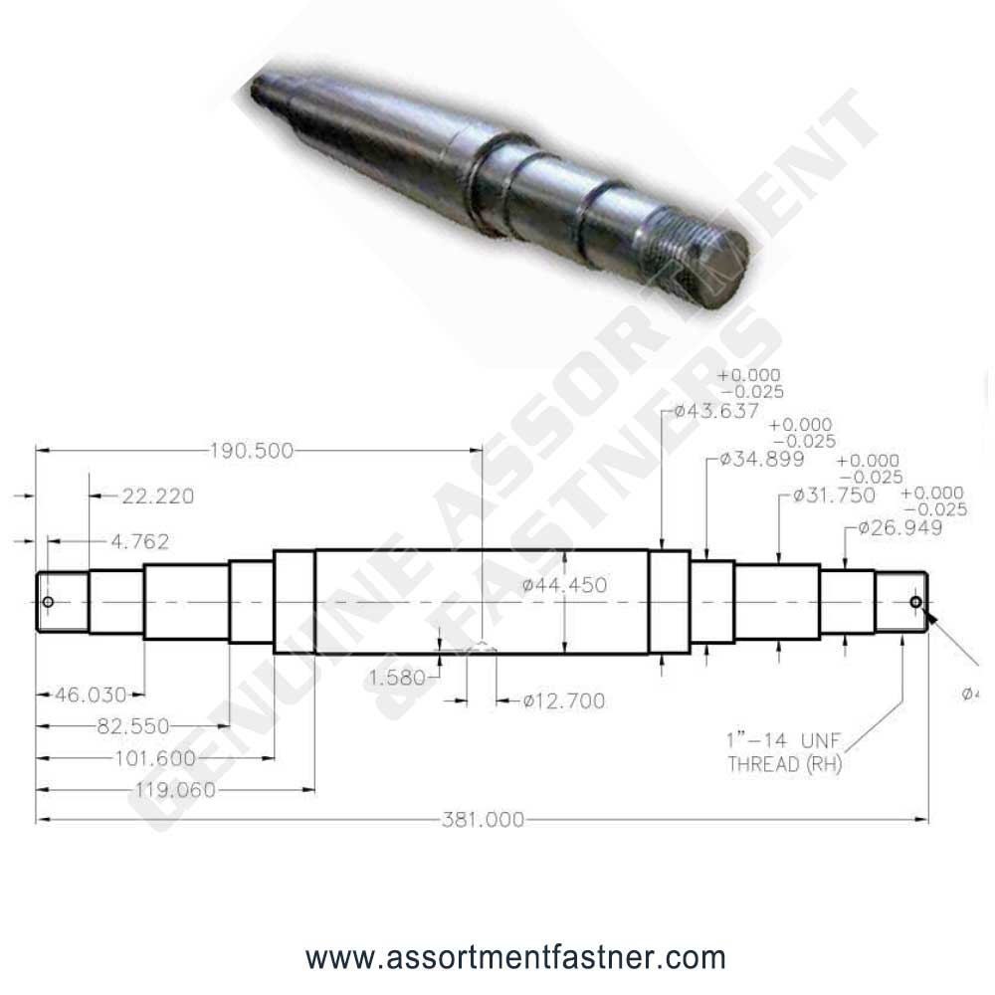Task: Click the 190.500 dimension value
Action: pos(252,451)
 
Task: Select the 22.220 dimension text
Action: pos(159,497)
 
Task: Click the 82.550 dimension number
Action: pos(132,725)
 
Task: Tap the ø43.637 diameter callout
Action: pos(716,411)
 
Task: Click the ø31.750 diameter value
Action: pos(834,496)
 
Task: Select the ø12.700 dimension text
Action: pos(563,701)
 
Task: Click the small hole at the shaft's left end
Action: pos(47,602)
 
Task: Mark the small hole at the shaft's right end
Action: pos(915,602)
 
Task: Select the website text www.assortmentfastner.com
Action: pos(515,959)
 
